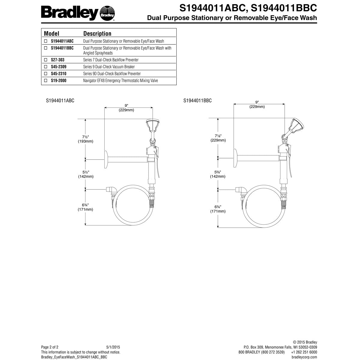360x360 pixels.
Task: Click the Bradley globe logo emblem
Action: click(107, 13)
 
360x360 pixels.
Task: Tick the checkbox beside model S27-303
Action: click(46, 60)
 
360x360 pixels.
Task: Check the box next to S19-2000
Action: click(46, 80)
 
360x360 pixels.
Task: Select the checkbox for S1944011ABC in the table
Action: click(46, 41)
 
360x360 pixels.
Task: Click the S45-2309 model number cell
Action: click(59, 67)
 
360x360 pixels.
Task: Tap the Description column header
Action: click(97, 34)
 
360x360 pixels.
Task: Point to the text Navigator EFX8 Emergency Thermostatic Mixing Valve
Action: click(121, 80)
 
